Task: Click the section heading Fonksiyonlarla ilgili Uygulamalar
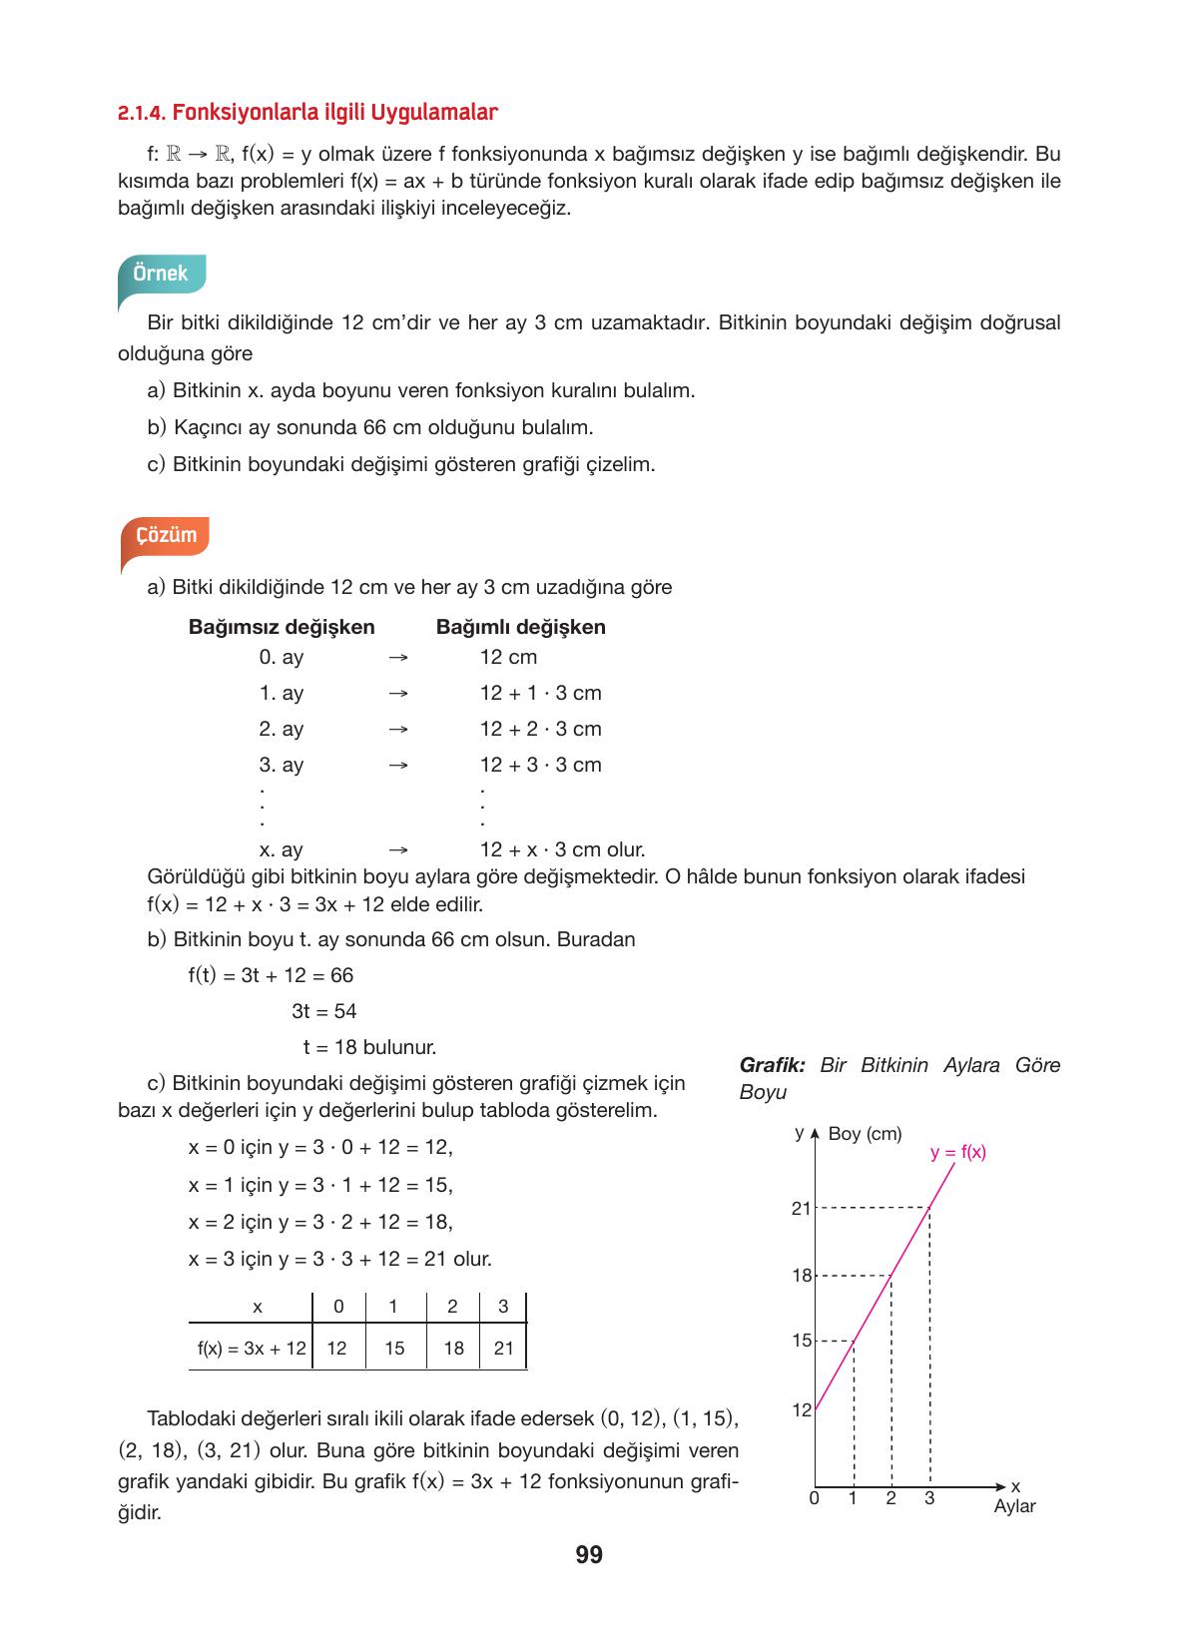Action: [306, 113]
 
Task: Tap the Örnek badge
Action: [161, 274]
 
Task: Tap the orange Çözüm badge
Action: [166, 535]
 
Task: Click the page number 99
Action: [589, 1554]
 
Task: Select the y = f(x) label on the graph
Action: [957, 1152]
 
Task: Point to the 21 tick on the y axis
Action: [801, 1209]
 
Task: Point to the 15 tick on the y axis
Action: [802, 1341]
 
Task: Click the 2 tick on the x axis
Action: [890, 1498]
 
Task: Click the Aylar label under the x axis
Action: [1014, 1506]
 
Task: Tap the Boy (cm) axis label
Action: [865, 1134]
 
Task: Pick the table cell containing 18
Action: [453, 1349]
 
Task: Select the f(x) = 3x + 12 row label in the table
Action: [252, 1349]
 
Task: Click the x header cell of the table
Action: [257, 1307]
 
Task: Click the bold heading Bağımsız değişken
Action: [282, 627]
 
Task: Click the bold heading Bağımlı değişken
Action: [520, 627]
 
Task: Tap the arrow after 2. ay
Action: [397, 730]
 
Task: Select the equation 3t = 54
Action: [323, 1011]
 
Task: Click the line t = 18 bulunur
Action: [369, 1048]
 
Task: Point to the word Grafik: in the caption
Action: [772, 1065]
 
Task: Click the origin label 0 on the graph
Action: [814, 1498]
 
